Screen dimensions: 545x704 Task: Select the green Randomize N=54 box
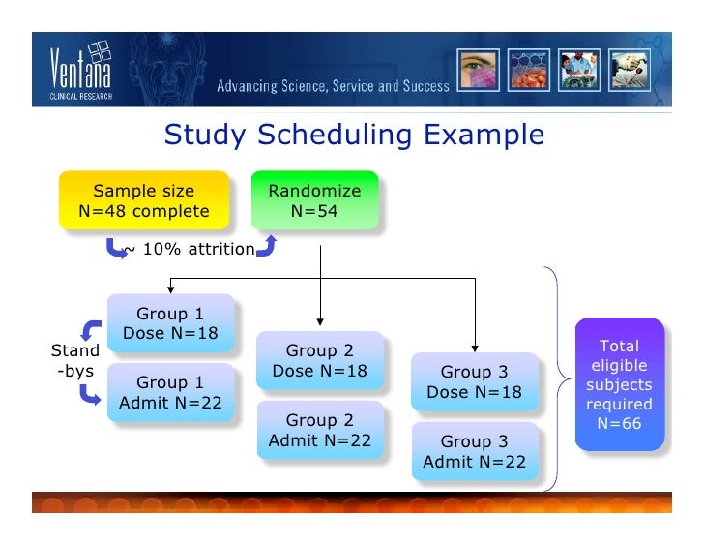314,201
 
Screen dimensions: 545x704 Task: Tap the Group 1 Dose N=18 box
170,324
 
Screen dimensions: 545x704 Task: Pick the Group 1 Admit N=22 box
170,393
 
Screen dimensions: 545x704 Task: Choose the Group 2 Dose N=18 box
319,361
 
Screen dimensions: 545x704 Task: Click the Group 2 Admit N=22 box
319,431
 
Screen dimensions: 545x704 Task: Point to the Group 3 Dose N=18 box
474,382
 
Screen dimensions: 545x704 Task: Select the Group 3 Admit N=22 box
474,452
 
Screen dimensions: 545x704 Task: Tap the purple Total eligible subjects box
619,384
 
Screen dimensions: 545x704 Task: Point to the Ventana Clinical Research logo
81,71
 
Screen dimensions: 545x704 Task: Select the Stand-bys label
73,358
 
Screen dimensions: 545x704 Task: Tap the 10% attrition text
190,250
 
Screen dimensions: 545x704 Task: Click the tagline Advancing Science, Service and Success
333,86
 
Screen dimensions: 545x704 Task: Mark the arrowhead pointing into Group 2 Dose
319,321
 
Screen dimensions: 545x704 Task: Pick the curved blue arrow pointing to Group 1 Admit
90,393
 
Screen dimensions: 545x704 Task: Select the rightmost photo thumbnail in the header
630,70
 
